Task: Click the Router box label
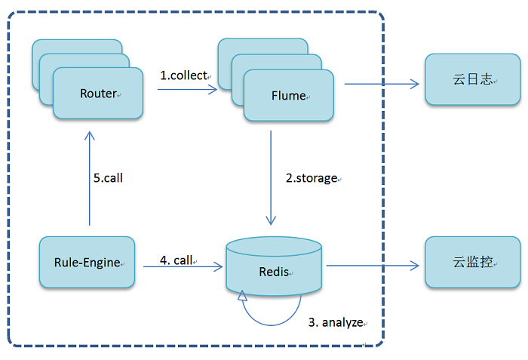click(98, 94)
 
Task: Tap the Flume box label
click(289, 96)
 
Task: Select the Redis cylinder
click(274, 266)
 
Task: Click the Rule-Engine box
click(87, 262)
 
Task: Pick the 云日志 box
click(473, 79)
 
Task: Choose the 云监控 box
click(473, 262)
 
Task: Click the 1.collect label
click(184, 75)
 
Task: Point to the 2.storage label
click(312, 178)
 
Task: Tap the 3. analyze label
click(336, 322)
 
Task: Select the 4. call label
click(176, 260)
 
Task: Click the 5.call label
click(108, 178)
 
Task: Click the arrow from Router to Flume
click(188, 90)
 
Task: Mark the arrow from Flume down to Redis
click(271, 177)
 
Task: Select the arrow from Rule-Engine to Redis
click(183, 266)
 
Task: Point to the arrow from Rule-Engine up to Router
click(90, 178)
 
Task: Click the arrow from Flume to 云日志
click(382, 84)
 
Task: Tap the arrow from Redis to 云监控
click(373, 266)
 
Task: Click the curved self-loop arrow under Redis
click(272, 325)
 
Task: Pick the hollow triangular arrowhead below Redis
click(242, 296)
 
